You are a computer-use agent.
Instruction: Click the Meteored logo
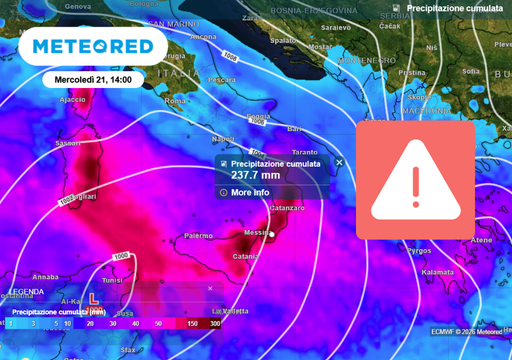pos(93,47)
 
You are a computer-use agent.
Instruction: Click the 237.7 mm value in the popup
pos(256,175)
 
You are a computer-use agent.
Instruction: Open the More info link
pos(249,192)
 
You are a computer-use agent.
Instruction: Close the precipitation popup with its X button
pos(339,162)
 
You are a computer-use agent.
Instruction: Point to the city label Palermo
pos(200,236)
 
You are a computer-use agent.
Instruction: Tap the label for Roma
pos(176,101)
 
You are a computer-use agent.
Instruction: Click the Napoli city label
pos(224,139)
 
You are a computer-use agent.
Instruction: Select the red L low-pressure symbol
pos(94,298)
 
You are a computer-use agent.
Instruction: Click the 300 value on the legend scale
pos(215,324)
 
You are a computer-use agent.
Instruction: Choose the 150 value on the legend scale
pos(190,324)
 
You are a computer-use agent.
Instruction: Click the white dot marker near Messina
pos(271,234)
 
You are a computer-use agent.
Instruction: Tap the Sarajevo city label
pos(337,27)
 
